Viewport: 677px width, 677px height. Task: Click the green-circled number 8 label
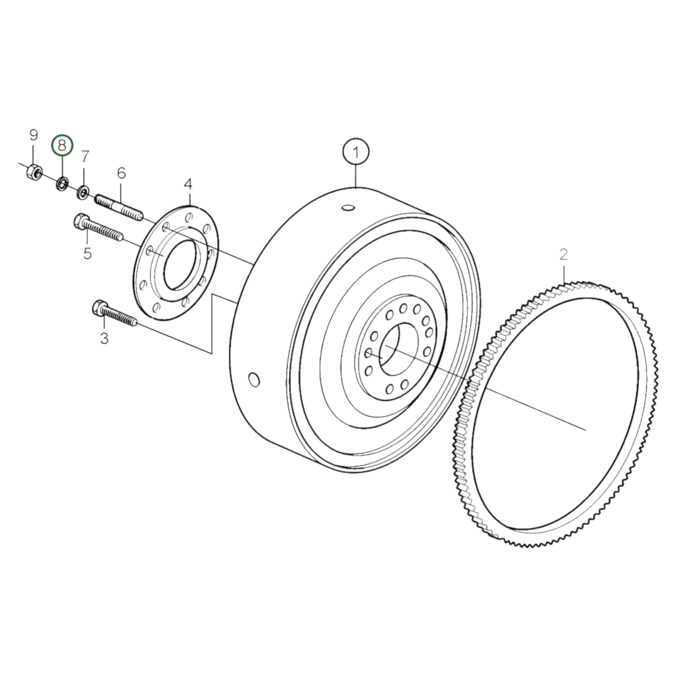pos(62,146)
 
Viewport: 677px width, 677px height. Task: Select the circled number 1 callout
pos(356,152)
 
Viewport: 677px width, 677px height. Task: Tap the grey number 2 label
pos(564,254)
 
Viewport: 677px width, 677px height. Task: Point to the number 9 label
pos(33,135)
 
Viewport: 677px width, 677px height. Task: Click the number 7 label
pos(85,156)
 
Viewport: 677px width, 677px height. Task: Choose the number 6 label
pos(121,173)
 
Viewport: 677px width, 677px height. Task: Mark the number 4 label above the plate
pos(188,184)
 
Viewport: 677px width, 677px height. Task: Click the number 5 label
pos(87,253)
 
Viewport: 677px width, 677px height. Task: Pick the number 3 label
pos(104,337)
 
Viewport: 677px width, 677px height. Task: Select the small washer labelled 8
pos(62,183)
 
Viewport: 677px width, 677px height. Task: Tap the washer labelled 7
pos(84,192)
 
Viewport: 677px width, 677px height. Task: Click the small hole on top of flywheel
pos(348,207)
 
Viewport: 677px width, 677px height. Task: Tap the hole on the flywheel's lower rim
pos(253,379)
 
